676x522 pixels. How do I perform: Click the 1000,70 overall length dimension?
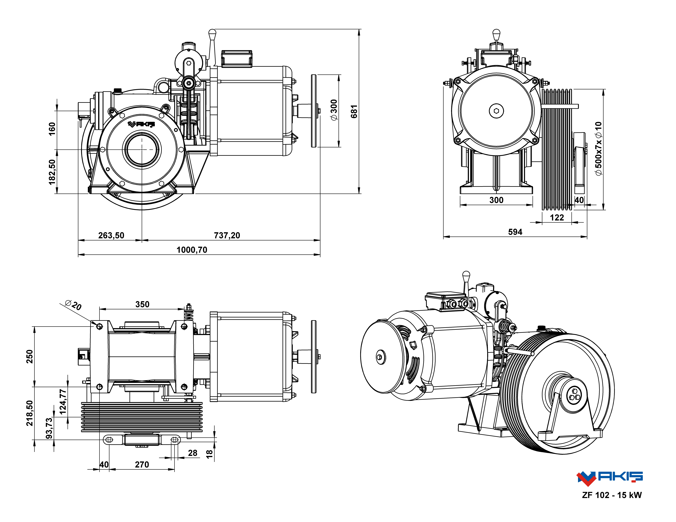pos(192,250)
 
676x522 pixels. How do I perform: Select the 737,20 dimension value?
pos(227,236)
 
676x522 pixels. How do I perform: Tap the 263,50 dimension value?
pos(111,236)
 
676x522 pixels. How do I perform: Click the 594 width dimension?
pos(515,232)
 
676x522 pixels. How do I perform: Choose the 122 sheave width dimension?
pos(557,218)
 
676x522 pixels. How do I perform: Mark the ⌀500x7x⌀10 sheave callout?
pos(599,148)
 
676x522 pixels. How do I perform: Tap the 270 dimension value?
pos(142,465)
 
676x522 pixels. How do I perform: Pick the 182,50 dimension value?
pos(52,172)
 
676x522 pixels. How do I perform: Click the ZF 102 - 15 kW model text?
pos(612,495)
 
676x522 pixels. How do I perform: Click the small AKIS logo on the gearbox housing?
pos(141,124)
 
